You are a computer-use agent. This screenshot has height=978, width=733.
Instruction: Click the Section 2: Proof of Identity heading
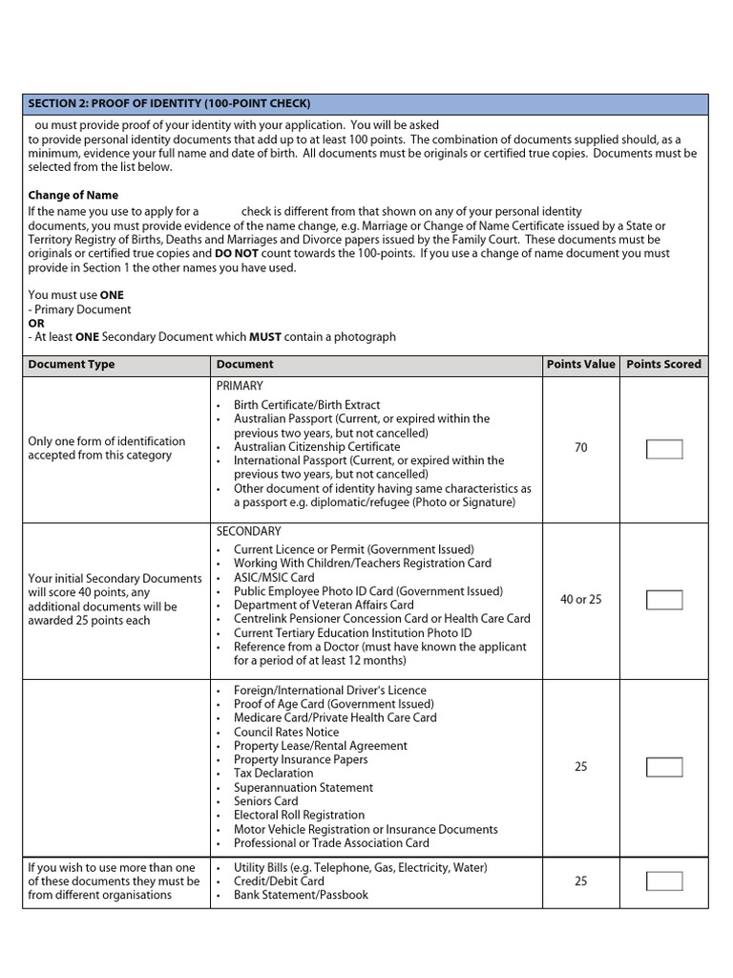pos(169,103)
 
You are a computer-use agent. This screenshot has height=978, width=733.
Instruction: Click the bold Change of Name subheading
pos(73,195)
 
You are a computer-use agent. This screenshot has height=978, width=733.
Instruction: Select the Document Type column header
pos(72,364)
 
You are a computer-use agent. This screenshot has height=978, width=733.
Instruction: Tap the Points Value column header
pos(580,364)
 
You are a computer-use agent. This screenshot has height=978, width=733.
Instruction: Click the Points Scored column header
pos(663,364)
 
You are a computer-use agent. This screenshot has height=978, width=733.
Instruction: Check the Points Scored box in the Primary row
pos(664,448)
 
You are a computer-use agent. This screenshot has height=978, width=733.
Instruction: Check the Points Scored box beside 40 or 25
pos(664,600)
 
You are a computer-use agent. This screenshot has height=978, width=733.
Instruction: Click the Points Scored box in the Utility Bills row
pos(664,881)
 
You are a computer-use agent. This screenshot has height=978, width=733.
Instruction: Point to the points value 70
pos(580,447)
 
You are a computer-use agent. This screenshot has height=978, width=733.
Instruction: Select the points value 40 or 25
pos(580,600)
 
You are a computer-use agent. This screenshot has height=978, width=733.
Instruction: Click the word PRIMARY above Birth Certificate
pos(240,386)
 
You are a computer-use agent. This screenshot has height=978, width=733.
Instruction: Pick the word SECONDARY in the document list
pos(248,531)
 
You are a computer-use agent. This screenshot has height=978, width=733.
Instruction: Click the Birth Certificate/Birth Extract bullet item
pos(306,405)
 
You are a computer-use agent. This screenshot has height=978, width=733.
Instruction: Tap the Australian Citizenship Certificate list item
pos(317,446)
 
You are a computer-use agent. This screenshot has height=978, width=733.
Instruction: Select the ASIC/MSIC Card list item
pos(274,577)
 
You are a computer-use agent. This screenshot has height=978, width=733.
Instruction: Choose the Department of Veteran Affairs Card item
pos(324,605)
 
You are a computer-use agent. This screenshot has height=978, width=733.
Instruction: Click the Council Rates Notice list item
pos(286,732)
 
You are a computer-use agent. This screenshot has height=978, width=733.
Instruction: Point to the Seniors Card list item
pos(266,801)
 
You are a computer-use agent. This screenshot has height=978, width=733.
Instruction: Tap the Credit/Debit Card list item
pos(279,881)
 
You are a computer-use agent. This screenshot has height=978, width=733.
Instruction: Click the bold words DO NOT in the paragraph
pos(235,254)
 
